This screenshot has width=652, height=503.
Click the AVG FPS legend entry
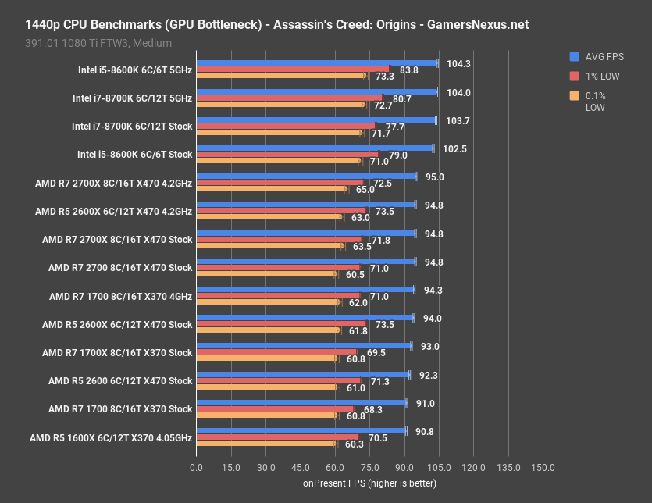click(x=602, y=56)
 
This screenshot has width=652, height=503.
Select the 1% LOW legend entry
click(x=599, y=76)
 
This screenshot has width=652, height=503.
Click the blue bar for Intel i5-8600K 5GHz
click(x=316, y=62)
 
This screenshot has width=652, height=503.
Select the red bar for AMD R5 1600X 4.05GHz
click(x=277, y=437)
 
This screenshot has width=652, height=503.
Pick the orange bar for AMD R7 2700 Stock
click(x=265, y=274)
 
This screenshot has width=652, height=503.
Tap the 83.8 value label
click(x=408, y=70)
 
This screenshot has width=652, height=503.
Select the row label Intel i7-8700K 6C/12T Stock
click(x=132, y=127)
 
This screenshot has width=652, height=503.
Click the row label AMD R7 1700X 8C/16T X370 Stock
click(x=117, y=353)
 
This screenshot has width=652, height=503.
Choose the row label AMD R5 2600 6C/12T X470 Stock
click(x=120, y=381)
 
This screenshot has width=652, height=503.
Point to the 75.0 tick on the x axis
click(x=369, y=467)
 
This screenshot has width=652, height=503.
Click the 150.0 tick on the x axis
click(x=543, y=467)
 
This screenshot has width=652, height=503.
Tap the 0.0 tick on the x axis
click(x=196, y=467)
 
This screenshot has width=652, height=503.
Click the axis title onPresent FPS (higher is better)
click(x=369, y=483)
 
